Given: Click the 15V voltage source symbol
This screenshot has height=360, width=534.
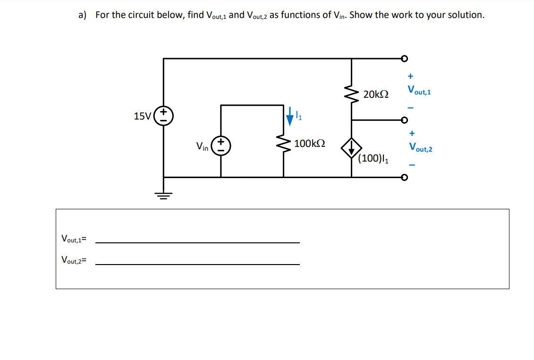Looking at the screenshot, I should point(164,116).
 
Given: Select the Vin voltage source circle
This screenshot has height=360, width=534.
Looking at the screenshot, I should point(221,146).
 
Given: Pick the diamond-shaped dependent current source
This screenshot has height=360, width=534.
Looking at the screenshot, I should point(351,148).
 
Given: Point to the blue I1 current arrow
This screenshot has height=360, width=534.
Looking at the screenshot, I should point(290,116).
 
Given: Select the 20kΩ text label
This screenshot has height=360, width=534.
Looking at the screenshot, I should point(376,94).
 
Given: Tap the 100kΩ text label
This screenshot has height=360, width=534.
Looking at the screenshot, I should point(309,143).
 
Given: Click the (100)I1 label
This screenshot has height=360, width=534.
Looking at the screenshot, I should point(373,159).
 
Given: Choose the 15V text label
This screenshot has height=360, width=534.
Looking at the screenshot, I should point(143,116).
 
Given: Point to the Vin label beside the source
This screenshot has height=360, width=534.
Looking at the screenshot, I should point(202,147).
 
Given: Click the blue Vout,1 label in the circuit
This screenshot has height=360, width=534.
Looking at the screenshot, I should point(419,90).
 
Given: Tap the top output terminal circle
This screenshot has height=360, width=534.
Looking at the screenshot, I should point(404,59).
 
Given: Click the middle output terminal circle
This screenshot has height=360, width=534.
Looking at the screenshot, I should point(404,120).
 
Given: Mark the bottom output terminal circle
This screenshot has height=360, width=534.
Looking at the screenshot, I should point(404,178).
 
